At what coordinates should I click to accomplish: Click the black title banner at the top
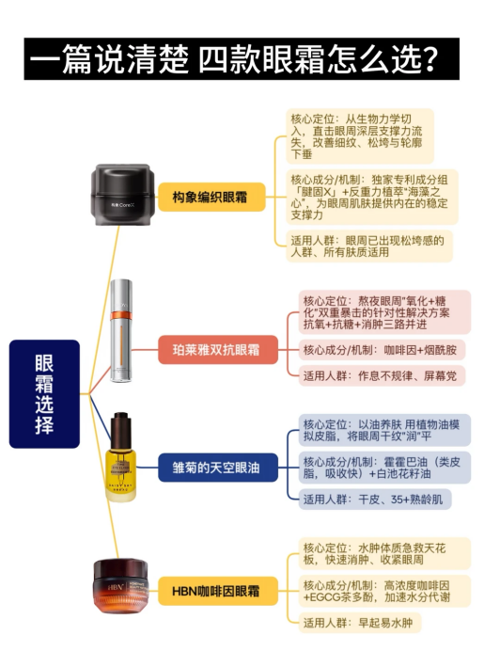pos(242,58)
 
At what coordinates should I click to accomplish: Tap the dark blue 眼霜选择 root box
pos(44,394)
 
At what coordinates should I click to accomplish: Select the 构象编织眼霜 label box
pos(211,197)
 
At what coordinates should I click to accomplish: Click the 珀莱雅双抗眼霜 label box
pos(218,350)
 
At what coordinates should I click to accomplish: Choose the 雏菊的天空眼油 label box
pos(218,468)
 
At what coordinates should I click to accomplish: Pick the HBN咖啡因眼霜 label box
pos(218,591)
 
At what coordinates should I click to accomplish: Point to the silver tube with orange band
pos(121,331)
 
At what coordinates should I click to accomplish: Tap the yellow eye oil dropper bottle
pos(121,457)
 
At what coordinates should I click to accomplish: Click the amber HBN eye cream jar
pos(121,586)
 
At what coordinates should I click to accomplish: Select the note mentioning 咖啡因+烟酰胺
pos(382,350)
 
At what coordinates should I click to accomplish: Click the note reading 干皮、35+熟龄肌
pos(375,499)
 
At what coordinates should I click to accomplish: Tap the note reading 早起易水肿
pos(359,623)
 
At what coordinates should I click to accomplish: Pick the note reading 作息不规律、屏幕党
pos(382,375)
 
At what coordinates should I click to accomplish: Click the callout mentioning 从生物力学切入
pos(360,136)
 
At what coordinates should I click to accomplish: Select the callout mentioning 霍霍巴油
pos(384,468)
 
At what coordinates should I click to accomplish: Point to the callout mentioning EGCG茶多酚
pos(384,591)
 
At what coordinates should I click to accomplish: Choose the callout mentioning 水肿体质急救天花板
pos(384,553)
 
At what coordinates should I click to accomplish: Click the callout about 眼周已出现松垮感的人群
pos(369,246)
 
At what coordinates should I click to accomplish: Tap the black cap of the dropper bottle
pos(121,422)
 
